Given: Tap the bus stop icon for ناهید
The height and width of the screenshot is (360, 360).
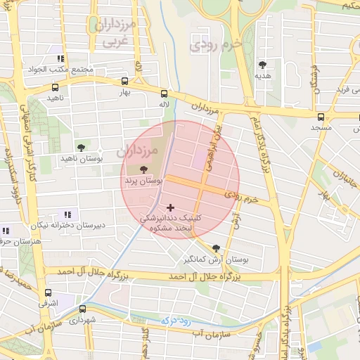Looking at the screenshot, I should (55, 88).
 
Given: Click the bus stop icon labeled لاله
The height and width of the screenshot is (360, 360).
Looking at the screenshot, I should (164, 93).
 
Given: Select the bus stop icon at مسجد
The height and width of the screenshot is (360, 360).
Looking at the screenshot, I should (321, 117).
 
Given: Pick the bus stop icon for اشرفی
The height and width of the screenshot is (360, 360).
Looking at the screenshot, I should (48, 292).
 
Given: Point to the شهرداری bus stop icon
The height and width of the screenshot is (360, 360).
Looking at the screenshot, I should (82, 309).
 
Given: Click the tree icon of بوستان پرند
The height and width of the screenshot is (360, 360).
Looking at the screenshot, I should (144, 169).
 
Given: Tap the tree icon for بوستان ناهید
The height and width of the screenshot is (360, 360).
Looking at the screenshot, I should (81, 148).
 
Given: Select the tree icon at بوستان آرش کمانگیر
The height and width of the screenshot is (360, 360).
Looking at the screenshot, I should (216, 247).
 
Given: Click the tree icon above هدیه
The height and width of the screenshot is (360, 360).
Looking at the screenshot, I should (262, 63).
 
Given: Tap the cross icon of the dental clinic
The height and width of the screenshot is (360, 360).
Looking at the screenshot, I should (170, 207).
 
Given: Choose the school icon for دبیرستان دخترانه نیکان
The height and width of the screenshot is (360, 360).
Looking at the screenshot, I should (67, 214).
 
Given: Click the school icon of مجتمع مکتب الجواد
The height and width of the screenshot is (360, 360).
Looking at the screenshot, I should (61, 58).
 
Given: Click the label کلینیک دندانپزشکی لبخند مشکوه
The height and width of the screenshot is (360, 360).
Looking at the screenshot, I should (171, 224).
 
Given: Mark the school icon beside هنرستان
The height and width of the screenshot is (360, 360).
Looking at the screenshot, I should (6, 231).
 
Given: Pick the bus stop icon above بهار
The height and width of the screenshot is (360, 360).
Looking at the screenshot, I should (125, 81).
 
